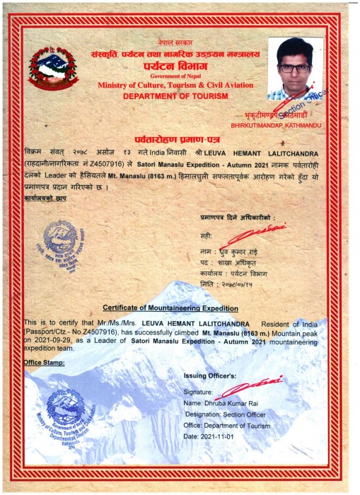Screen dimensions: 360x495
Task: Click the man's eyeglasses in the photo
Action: pos(295,69)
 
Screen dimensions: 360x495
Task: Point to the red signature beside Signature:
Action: pos(245,388)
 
